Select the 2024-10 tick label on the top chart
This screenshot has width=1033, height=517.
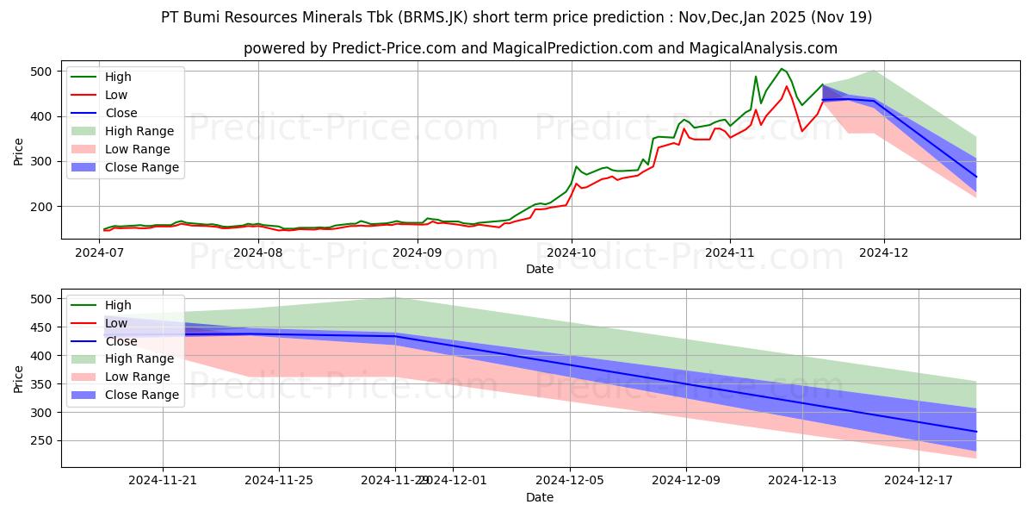572,252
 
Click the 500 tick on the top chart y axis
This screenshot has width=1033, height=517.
40,72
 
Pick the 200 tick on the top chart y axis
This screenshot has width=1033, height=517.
40,207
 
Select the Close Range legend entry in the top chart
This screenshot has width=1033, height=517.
141,167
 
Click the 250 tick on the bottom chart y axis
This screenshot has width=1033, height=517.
40,440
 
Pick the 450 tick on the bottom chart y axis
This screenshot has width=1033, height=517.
40,327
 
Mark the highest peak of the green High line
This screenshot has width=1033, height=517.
782,69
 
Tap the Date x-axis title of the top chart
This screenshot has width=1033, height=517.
540,270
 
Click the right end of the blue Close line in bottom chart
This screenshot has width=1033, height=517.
976,432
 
